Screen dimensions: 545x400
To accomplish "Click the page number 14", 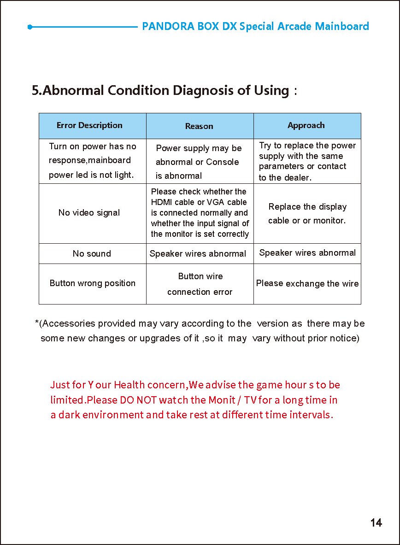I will [x=376, y=523].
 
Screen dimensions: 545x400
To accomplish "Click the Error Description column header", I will [x=89, y=125].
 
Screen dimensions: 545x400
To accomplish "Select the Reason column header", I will [x=199, y=126].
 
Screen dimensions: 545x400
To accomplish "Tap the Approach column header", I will [x=306, y=125].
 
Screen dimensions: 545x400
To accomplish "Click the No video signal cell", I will [x=89, y=213].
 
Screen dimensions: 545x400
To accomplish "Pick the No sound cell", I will [x=92, y=254].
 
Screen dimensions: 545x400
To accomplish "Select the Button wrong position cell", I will [x=93, y=283].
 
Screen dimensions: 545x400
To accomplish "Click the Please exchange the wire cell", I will [x=307, y=283].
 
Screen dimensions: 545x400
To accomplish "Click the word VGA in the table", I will [x=216, y=202].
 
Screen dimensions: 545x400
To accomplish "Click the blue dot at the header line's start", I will [x=30, y=27].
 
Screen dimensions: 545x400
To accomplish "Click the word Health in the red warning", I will [x=129, y=385].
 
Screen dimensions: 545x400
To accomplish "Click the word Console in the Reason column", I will [x=223, y=162].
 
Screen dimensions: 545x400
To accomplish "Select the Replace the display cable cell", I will [x=307, y=214].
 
